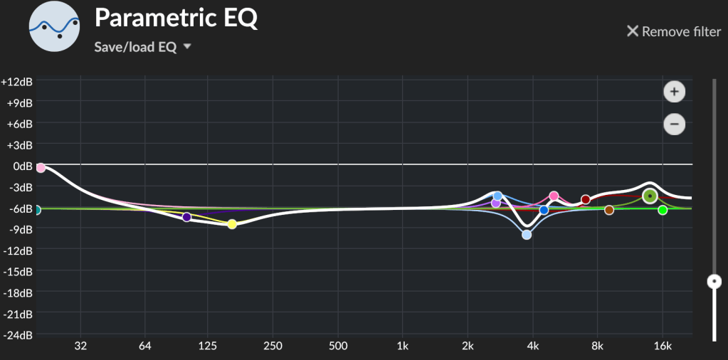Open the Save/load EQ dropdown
click(x=143, y=47)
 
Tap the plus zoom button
click(x=673, y=92)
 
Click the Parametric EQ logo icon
click(x=54, y=27)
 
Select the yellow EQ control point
click(x=232, y=224)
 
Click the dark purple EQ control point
click(x=186, y=217)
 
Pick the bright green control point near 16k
click(x=663, y=210)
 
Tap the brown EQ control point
click(x=609, y=210)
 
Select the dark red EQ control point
click(x=586, y=200)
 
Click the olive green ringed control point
click(x=650, y=196)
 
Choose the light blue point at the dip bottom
click(x=527, y=235)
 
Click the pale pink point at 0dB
click(x=41, y=168)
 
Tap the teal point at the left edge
click(x=37, y=210)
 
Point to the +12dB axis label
click(x=16, y=81)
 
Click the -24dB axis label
click(x=16, y=335)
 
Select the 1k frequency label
click(x=403, y=346)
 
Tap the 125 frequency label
click(x=207, y=346)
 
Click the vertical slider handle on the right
click(x=714, y=282)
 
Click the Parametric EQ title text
click(x=176, y=18)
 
